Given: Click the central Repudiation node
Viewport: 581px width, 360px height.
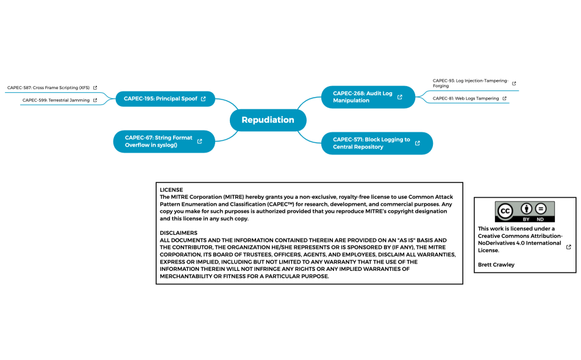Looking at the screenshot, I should click(268, 120).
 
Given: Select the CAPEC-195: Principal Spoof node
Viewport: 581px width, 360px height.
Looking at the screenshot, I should click(160, 98).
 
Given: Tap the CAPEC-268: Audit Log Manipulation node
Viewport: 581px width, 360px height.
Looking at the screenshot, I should click(363, 97).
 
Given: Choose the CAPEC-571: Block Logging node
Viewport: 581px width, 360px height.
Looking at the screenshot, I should click(371, 143).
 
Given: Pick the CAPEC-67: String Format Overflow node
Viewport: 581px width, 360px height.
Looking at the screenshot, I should click(159, 142).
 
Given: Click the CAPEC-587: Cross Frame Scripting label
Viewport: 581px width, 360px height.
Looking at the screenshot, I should click(48, 88).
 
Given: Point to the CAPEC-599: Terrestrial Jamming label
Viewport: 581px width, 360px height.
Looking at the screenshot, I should click(56, 100).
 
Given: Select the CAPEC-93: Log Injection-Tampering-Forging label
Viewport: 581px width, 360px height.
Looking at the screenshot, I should click(470, 83).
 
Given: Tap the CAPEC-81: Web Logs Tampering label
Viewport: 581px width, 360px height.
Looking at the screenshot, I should click(466, 98).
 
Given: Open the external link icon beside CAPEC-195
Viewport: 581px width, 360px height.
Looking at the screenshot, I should click(204, 98).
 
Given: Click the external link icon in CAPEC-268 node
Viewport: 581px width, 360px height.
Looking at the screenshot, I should click(400, 97).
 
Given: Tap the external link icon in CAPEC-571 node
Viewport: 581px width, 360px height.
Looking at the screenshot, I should click(418, 143).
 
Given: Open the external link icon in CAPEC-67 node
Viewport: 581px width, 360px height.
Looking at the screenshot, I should click(200, 142).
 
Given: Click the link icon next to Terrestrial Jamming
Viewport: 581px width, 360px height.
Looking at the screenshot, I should click(95, 100).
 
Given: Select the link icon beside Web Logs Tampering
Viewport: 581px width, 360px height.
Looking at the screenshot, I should click(505, 98).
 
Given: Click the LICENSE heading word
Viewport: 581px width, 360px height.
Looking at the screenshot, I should click(171, 190).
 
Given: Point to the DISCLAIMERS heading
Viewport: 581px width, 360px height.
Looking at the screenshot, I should click(179, 233).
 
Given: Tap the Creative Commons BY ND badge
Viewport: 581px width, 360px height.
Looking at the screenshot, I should click(525, 212).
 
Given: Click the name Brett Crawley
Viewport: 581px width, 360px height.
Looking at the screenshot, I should click(496, 265).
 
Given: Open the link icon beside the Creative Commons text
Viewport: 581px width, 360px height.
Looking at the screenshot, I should click(569, 247).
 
